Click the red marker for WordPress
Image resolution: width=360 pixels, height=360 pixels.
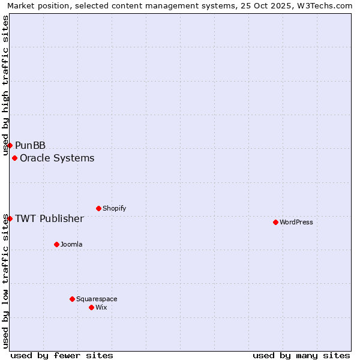tap(275, 222)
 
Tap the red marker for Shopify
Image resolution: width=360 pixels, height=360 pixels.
tap(98, 208)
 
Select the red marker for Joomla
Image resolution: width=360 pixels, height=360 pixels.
tap(56, 244)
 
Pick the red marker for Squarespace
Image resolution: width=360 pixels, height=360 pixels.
tap(72, 299)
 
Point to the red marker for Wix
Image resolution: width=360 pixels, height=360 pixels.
tap(91, 307)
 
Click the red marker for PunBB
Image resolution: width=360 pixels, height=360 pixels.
tap(10, 145)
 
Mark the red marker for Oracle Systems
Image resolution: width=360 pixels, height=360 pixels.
tap(14, 158)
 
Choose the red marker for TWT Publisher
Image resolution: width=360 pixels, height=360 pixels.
tap(10, 218)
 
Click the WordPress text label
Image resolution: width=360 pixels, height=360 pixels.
tap(296, 222)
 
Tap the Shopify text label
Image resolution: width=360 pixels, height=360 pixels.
tap(114, 208)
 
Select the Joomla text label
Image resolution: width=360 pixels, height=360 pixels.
tap(71, 244)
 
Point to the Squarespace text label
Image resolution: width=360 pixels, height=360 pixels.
tap(97, 299)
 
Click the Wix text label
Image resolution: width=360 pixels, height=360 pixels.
tap(101, 307)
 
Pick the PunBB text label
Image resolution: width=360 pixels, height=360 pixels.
tap(30, 145)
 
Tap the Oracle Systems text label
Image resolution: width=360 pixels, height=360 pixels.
tap(57, 158)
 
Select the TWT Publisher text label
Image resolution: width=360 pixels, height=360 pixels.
tap(49, 218)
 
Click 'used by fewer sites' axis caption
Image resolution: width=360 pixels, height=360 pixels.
tap(62, 355)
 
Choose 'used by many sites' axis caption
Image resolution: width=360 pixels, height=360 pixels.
tap(301, 355)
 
